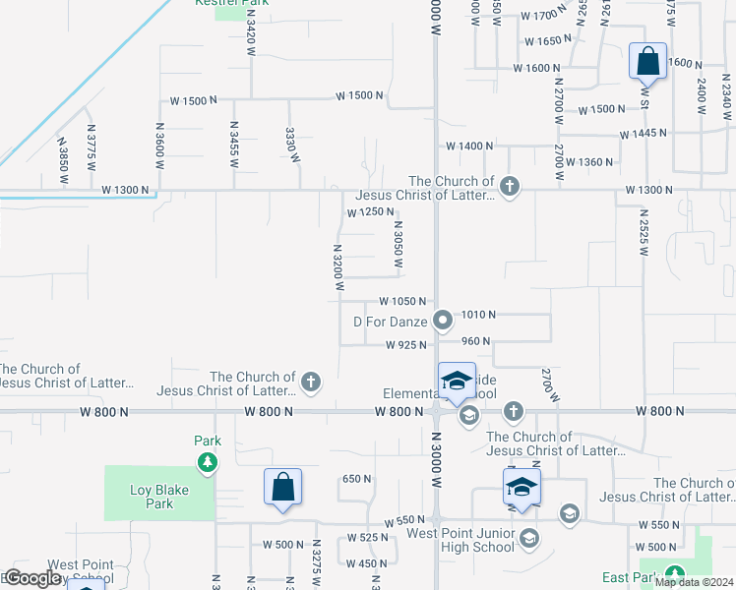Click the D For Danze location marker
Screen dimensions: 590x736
tap(443, 320)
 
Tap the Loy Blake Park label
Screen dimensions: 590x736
tap(152, 497)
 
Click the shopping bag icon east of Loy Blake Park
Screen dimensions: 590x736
tap(282, 488)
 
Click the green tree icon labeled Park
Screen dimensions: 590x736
tap(207, 461)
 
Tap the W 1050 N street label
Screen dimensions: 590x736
tap(403, 301)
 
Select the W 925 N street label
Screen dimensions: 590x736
tap(406, 344)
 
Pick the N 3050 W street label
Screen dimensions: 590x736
tap(398, 243)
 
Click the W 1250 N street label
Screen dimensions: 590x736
tap(370, 212)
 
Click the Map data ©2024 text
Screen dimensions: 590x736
tap(694, 582)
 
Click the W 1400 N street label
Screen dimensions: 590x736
tap(469, 146)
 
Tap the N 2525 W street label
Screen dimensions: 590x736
tap(644, 232)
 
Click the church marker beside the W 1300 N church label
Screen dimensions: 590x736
tap(509, 186)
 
